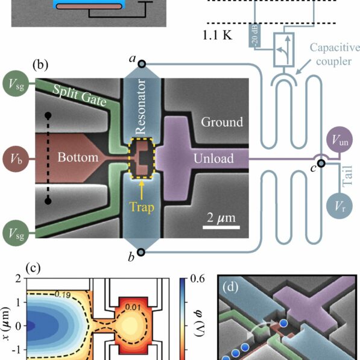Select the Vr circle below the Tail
point(342,206)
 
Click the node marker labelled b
point(141,252)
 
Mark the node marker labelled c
point(322,167)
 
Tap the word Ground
point(221,122)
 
